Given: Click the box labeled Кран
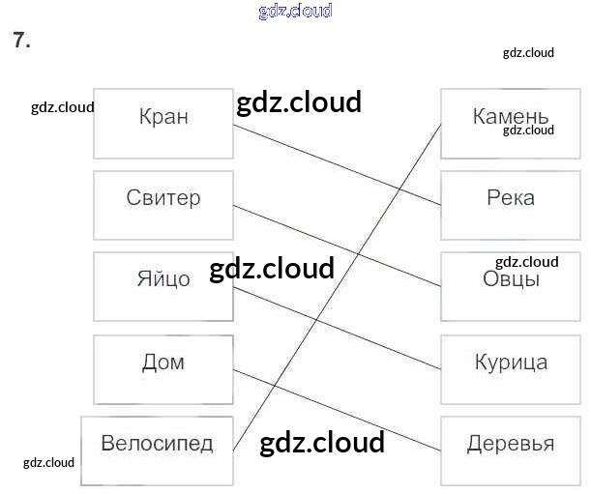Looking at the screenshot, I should click(x=163, y=124).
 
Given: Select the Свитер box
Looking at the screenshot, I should click(x=163, y=205).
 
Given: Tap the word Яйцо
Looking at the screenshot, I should click(x=163, y=279).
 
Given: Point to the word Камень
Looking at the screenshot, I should click(x=510, y=118).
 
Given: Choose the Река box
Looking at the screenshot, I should click(x=510, y=205).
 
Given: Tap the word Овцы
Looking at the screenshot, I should click(x=510, y=280).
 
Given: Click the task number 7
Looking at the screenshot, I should click(x=21, y=41).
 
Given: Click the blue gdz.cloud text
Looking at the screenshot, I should click(x=295, y=12).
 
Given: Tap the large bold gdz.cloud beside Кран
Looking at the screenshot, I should click(x=298, y=102).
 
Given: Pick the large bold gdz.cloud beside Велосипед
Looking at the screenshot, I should click(x=322, y=443).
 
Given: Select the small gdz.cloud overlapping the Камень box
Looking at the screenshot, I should click(x=528, y=131).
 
